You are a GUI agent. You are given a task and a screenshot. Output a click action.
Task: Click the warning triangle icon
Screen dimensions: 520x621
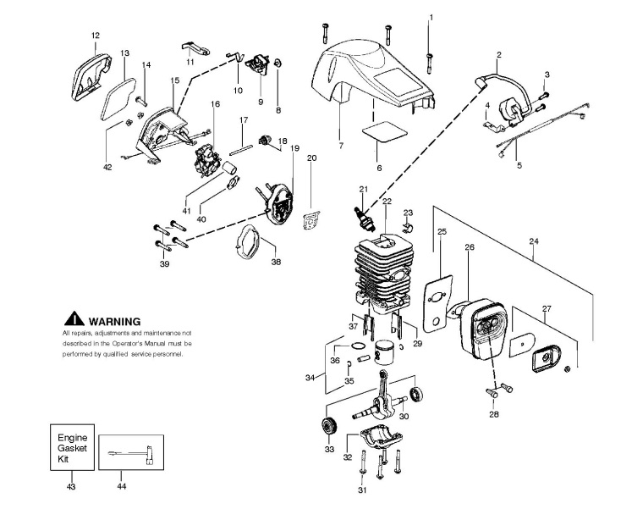click(74, 320)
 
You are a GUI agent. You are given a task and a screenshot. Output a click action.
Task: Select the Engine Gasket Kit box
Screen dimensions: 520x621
click(69, 449)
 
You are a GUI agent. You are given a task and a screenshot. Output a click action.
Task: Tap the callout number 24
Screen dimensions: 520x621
click(533, 241)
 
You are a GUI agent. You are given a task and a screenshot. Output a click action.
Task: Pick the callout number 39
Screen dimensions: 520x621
click(164, 264)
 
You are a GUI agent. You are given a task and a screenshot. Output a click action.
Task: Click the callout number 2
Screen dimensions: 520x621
click(499, 55)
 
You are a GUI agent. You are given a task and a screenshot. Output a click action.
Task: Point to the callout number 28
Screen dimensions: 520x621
click(493, 415)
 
